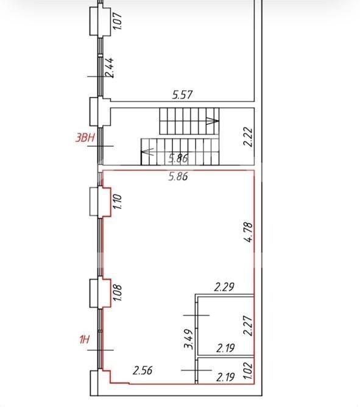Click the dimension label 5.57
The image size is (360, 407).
(x=183, y=95)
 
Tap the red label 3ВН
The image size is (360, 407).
(x=85, y=138)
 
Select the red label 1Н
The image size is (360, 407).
(x=84, y=339)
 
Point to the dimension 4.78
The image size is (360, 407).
(x=248, y=232)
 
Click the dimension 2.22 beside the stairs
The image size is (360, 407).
(x=248, y=137)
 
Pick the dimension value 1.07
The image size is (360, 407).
(x=118, y=21)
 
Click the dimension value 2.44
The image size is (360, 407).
(x=109, y=68)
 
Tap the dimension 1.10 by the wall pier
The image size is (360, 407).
(x=118, y=202)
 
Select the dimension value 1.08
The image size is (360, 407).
(x=118, y=293)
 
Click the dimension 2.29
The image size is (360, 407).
(x=224, y=287)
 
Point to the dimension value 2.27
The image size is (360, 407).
(x=248, y=325)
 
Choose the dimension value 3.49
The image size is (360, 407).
(x=189, y=339)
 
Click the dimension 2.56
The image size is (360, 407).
(x=143, y=370)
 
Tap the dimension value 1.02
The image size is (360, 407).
(x=248, y=370)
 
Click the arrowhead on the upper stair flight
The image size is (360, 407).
(x=213, y=121)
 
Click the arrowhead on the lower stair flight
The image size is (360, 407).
(x=147, y=152)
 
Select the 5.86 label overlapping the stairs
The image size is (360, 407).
(x=178, y=158)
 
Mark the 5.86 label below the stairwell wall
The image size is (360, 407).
(x=178, y=176)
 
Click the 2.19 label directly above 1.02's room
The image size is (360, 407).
(x=225, y=348)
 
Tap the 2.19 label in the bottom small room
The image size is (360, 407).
(x=225, y=377)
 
